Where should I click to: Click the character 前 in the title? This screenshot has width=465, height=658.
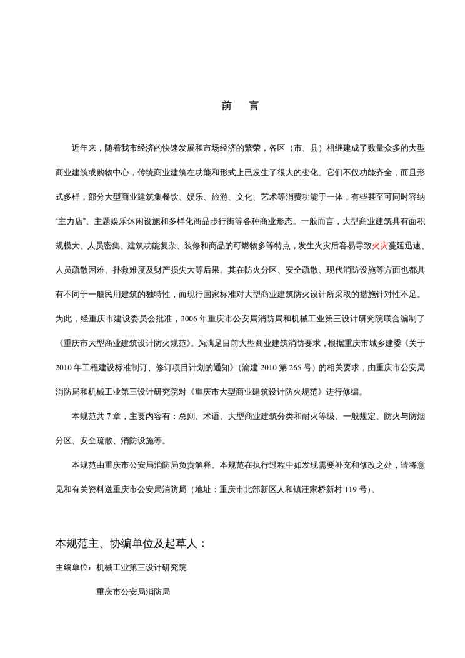[x=227, y=106]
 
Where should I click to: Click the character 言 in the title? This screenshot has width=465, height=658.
[x=254, y=106]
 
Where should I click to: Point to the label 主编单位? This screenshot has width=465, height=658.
[x=72, y=569]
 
